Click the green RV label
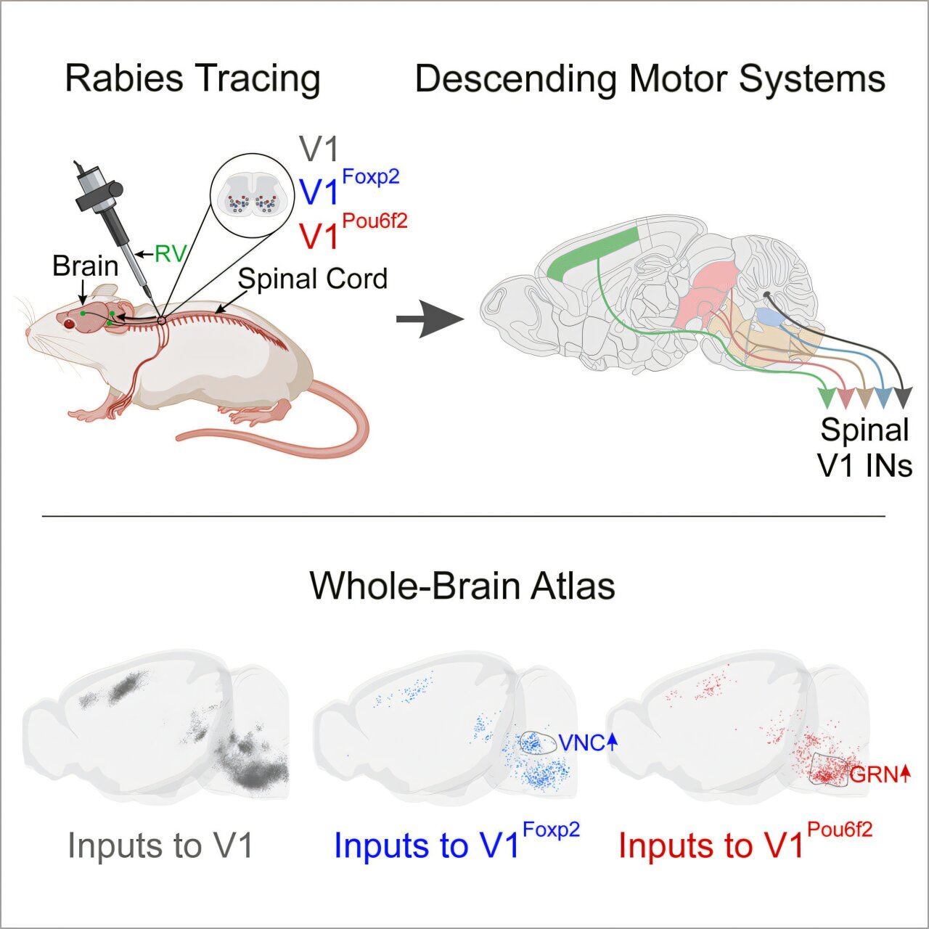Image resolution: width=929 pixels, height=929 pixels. coord(170,254)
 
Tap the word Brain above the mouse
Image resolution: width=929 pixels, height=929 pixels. coord(86,266)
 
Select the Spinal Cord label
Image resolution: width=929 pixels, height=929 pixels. coord(313,279)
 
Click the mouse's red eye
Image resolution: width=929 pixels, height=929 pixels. coord(70,324)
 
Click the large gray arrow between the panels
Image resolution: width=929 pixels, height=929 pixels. coord(430,319)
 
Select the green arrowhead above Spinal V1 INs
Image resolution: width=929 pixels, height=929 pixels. coord(827,398)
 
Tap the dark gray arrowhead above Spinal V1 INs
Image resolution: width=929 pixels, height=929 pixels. coord(903,398)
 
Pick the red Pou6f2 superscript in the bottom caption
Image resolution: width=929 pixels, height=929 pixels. coord(840,830)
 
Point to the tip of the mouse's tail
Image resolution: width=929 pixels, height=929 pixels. coord(179,437)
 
